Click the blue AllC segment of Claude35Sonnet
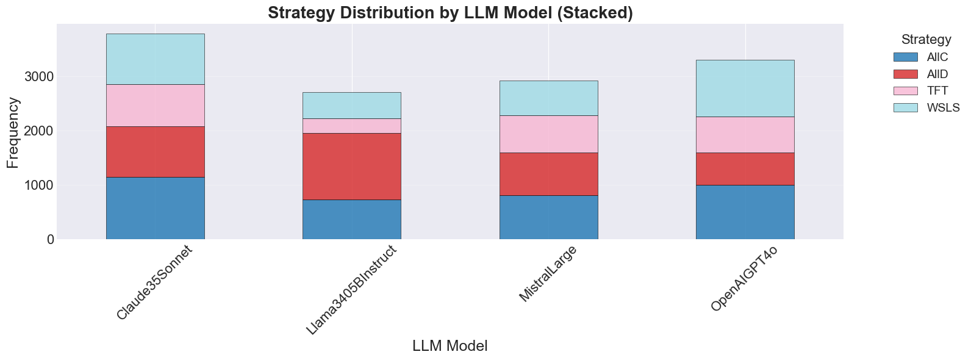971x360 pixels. (155, 208)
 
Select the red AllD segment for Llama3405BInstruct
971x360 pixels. (352, 166)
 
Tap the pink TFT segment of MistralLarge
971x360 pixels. (548, 134)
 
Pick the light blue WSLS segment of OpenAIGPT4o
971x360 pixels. (745, 88)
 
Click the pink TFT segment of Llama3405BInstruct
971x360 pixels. (352, 126)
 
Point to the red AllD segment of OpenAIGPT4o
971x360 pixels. (745, 168)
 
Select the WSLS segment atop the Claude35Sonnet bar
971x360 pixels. (155, 59)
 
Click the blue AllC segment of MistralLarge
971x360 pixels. (548, 217)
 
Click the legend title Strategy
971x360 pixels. (926, 40)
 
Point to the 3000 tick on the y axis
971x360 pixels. (39, 77)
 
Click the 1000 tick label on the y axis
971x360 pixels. (39, 185)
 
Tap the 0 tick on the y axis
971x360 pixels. (49, 240)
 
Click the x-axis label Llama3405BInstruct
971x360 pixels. (351, 290)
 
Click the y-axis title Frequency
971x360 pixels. (13, 132)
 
